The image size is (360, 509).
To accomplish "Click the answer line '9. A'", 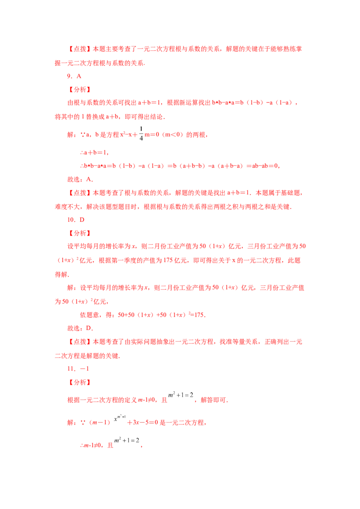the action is click(74, 76).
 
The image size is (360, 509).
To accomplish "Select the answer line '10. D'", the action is click(76, 220).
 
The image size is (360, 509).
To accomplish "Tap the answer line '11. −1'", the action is click(78, 369).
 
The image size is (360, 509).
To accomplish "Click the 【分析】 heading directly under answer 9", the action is click(80, 89).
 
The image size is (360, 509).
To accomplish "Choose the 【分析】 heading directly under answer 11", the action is click(80, 382).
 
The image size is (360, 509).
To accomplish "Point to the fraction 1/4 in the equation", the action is click(141, 134).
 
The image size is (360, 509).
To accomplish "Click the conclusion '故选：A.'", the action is click(80, 179).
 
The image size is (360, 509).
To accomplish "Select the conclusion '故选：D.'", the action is click(80, 328).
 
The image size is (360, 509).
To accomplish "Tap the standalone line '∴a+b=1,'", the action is click(94, 152).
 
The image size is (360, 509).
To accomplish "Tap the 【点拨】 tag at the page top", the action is click(80, 49).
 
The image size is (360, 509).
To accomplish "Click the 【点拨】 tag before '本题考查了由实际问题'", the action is click(80, 342).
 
